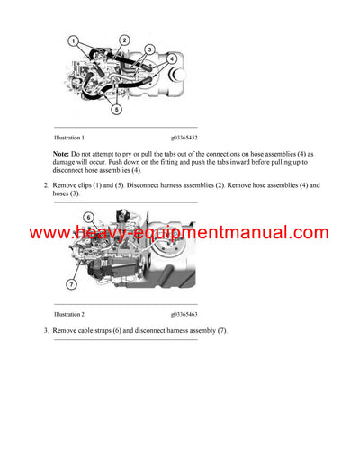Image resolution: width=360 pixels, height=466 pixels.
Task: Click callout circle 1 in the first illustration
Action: pos(76,41)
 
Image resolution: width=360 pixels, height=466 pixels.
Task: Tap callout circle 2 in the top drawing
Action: pos(124,41)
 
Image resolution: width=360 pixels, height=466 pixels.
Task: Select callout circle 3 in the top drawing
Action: pos(150,49)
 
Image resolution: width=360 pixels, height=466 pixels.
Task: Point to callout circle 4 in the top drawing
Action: pos(171,59)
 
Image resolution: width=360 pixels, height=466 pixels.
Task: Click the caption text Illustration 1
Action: pos(69,138)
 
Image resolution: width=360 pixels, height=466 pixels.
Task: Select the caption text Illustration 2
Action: pos(69,315)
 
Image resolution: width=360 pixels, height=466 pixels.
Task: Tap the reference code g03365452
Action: pos(184,138)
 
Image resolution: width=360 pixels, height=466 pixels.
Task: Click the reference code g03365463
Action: pos(184,315)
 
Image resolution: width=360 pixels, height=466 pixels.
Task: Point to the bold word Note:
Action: pos(63,154)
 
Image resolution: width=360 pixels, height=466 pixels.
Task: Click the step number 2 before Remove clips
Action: pos(46,185)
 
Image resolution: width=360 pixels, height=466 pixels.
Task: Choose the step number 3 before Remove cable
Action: pos(46,331)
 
